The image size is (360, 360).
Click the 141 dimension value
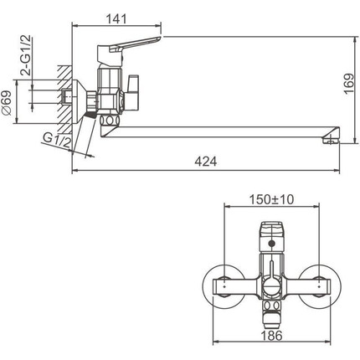[116, 19]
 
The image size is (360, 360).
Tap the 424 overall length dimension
[206, 162]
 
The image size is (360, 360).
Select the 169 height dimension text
[349, 84]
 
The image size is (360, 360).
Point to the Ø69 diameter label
[7, 103]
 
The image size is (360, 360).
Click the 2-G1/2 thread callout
[26, 56]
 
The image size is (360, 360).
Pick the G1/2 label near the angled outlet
[57, 140]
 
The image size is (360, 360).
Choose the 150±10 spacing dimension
[271, 199]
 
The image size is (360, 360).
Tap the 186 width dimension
[271, 336]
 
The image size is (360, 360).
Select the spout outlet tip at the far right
[332, 139]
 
